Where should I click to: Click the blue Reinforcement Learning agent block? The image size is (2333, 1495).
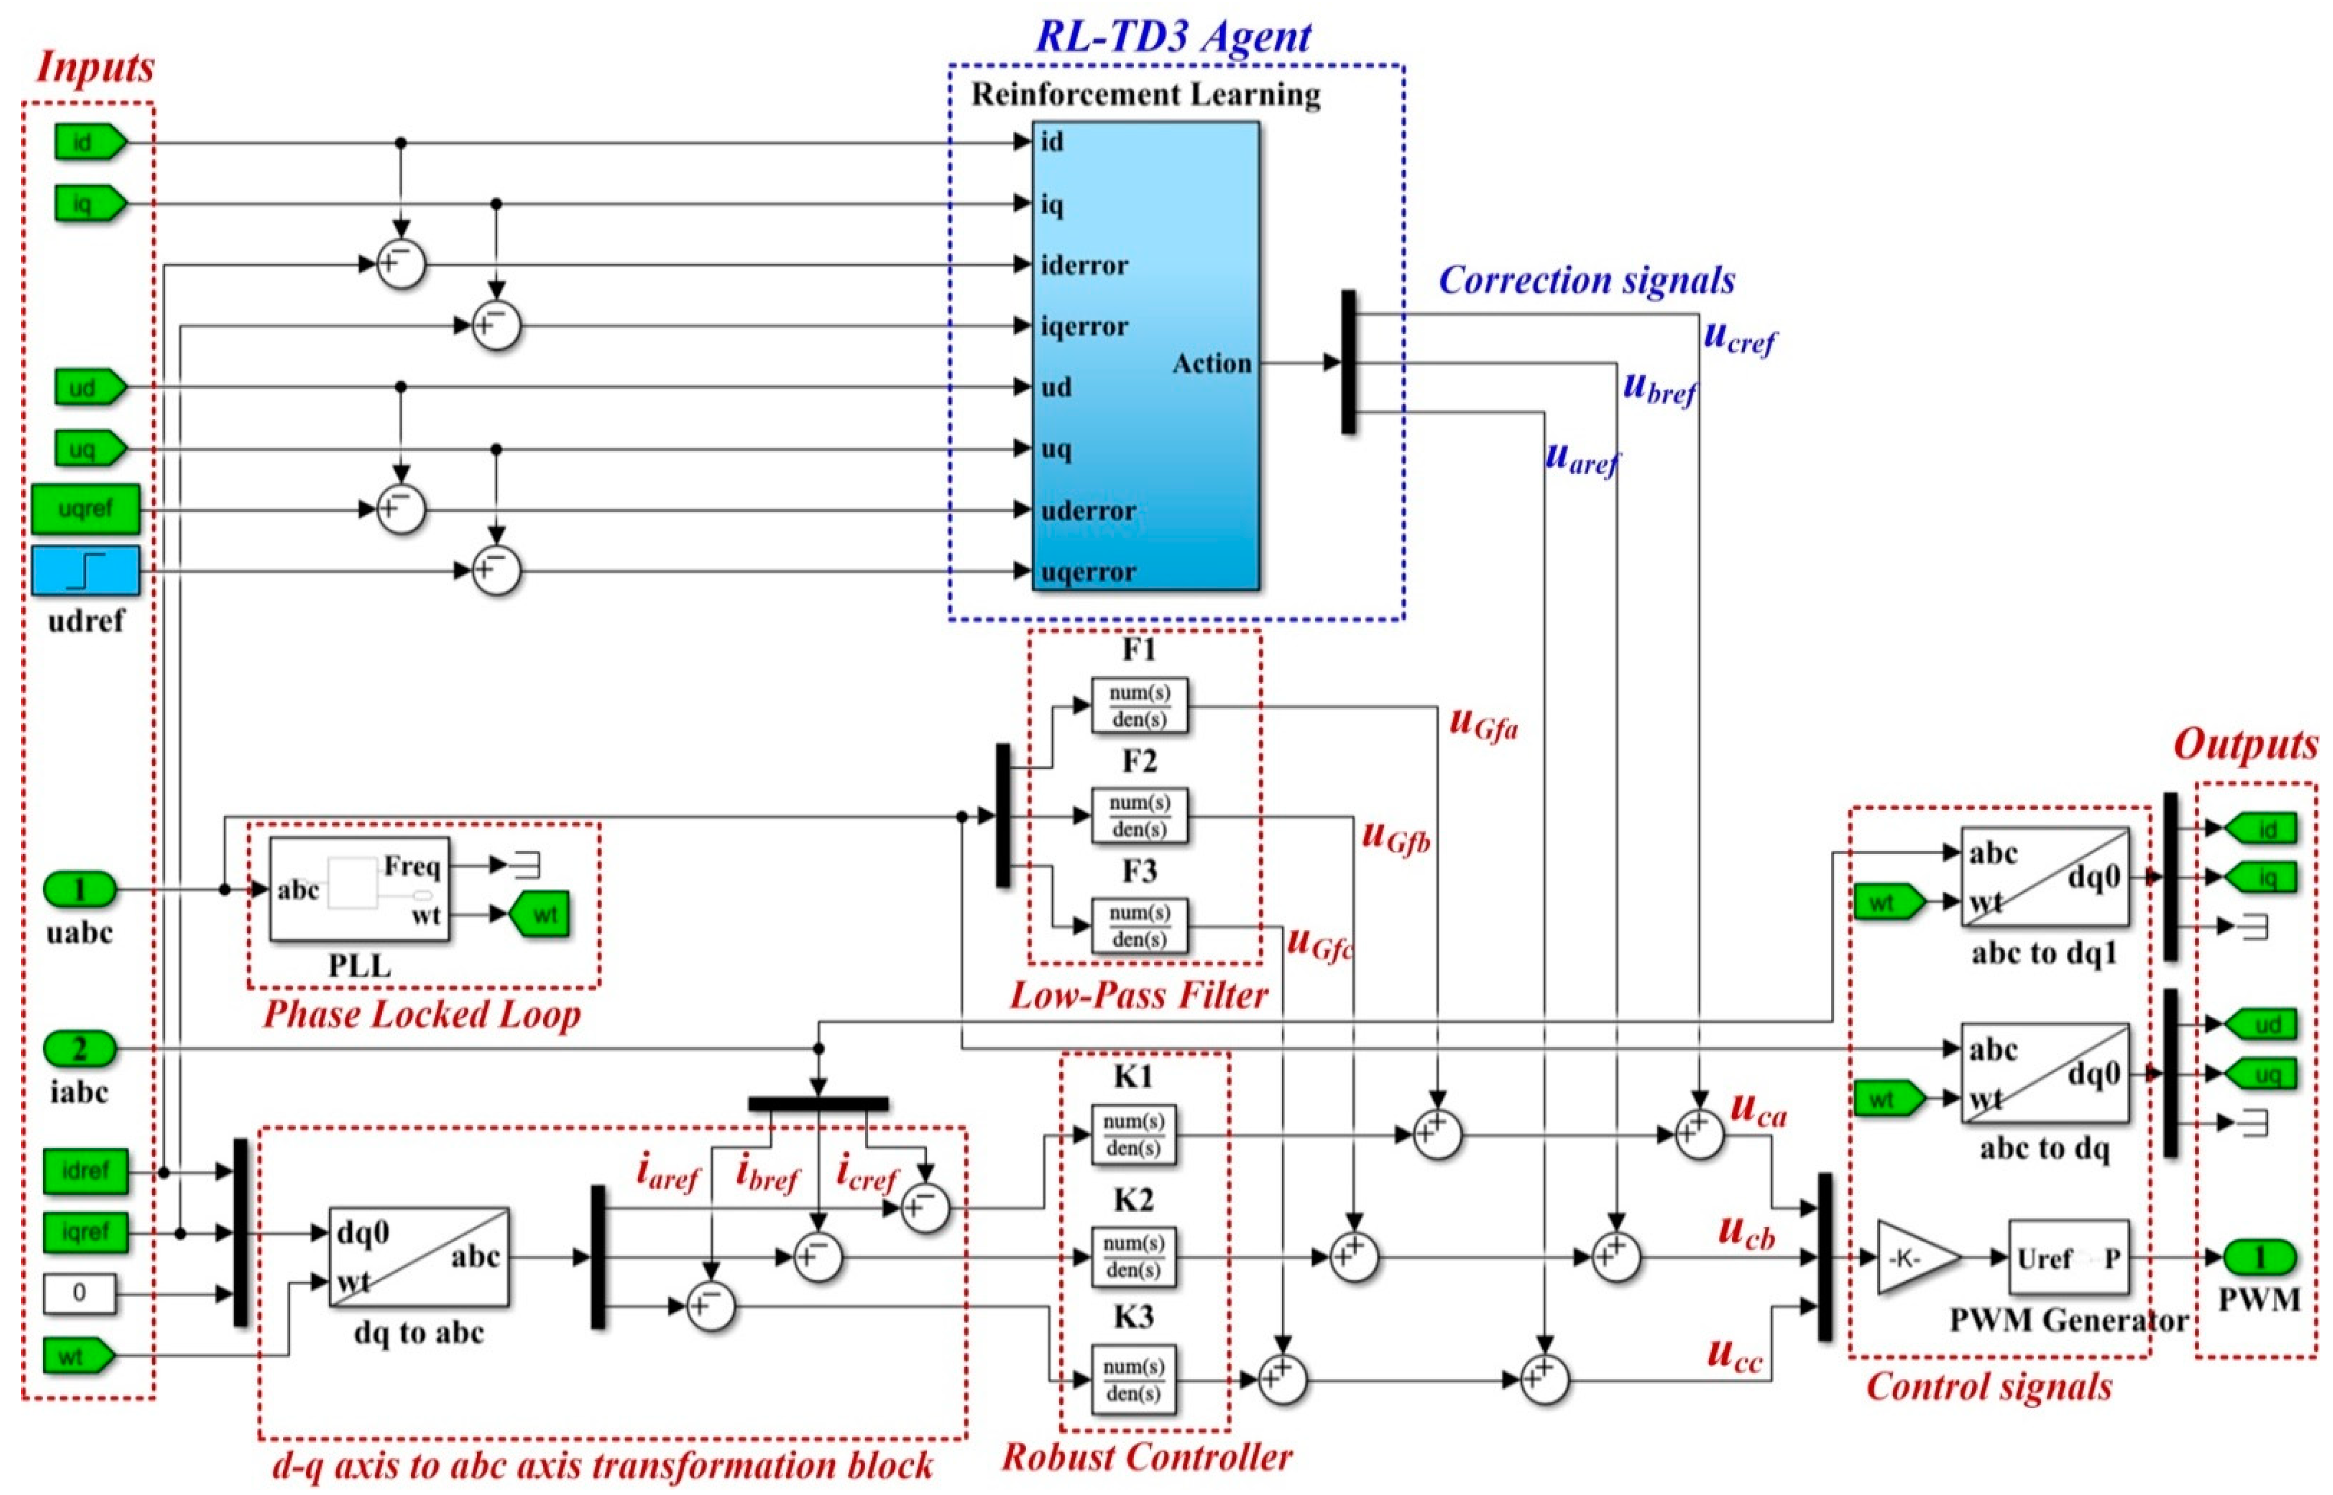pos(1145,355)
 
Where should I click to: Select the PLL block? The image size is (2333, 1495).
pos(359,889)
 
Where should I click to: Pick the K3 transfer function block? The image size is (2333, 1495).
pos(1132,1378)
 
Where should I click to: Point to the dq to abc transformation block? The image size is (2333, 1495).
pos(418,1257)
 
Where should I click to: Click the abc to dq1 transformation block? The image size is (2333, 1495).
pos(2044,877)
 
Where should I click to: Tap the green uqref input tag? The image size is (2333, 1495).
pos(86,509)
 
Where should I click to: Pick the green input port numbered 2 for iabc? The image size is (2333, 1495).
pos(80,1048)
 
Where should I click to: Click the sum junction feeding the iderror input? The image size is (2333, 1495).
pos(400,264)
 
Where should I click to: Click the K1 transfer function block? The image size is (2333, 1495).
pos(1132,1134)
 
